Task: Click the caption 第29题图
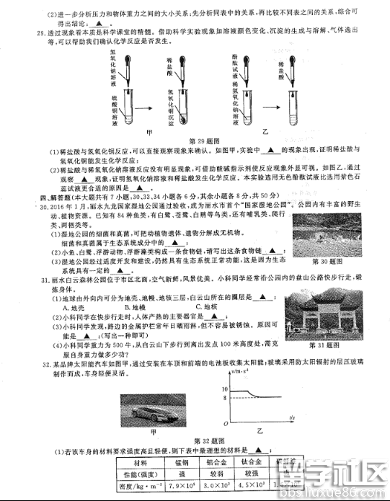(203, 141)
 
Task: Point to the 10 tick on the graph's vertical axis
(226, 389)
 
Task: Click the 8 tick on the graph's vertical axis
(226, 397)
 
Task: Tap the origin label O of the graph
(225, 423)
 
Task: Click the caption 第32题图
(203, 440)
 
